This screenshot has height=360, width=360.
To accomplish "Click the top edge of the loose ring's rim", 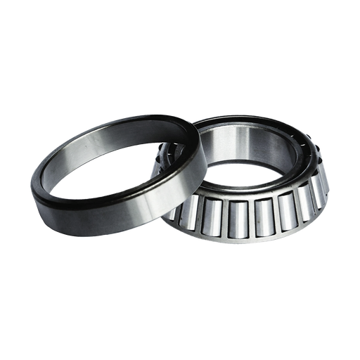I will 120,124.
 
